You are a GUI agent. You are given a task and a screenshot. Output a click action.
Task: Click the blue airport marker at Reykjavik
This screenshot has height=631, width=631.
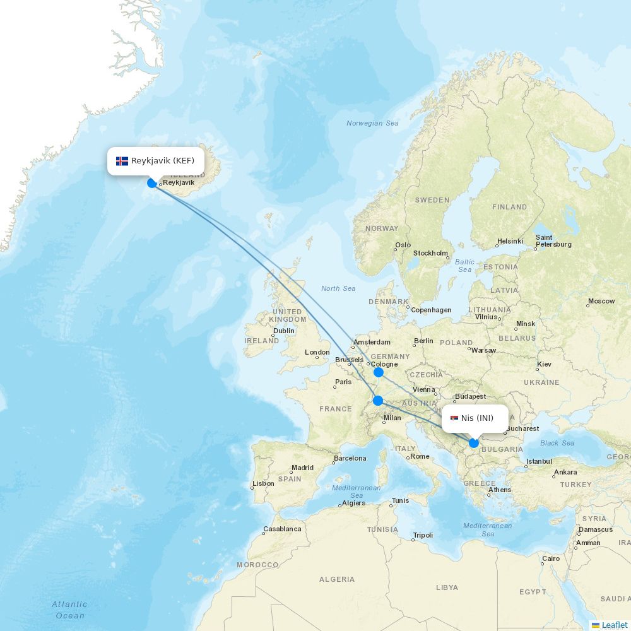pos(152,183)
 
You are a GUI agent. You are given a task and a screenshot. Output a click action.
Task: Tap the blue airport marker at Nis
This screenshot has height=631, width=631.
pos(474,443)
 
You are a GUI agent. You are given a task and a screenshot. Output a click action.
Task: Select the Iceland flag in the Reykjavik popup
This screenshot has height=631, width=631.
pos(122,161)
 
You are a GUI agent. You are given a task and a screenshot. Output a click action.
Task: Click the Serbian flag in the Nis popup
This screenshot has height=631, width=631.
pos(454,418)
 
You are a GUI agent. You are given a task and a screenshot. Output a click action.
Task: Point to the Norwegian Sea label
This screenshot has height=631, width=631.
pos(372,123)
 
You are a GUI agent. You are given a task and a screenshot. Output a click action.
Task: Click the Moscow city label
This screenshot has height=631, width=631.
pos(601,301)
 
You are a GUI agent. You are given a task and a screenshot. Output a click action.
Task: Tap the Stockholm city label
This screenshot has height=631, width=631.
pos(430,253)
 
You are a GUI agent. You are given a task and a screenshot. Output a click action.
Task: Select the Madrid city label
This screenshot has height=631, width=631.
pos(302,468)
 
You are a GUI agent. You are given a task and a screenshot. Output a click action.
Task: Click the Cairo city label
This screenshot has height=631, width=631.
pos(551,558)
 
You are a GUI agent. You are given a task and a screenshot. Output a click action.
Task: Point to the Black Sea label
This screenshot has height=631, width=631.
pos(557,443)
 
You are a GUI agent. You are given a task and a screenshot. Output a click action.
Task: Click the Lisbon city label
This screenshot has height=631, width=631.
pos(263,484)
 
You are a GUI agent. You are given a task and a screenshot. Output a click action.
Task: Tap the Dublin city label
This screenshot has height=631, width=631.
pos(284,331)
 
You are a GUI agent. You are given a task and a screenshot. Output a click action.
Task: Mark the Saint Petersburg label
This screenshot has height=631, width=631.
pos(553,241)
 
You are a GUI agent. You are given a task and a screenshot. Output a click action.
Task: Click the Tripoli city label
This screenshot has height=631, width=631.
pos(423,536)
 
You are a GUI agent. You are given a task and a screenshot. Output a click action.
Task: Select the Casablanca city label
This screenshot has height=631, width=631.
pos(282,529)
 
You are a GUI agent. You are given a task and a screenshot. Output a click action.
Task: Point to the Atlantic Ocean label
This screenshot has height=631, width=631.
pos(69,610)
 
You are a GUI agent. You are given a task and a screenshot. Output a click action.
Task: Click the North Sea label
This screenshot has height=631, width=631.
pos(338,288)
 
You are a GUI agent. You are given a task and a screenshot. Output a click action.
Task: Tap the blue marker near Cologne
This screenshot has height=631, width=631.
pos(379,372)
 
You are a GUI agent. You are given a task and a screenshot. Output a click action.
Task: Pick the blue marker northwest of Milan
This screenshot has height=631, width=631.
pos(378,400)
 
